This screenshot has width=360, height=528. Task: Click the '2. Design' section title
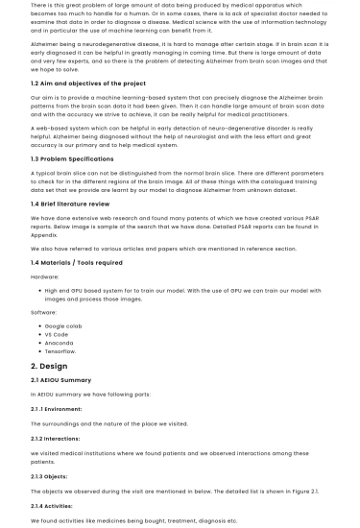49,366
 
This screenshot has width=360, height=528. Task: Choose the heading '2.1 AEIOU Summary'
60,380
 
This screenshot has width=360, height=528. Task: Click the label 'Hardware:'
45,276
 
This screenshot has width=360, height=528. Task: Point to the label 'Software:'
44,311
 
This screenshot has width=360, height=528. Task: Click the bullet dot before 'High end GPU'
38,290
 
